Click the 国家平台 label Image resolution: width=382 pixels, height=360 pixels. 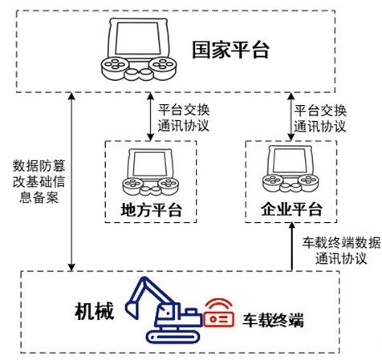pyautogui.click(x=231, y=50)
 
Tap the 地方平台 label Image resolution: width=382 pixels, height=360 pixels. pyautogui.click(x=152, y=210)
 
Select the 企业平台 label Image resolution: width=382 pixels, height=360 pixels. pyautogui.click(x=291, y=208)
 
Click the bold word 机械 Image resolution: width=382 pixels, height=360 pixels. pyautogui.click(x=95, y=311)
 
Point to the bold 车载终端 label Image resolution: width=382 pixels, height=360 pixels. pyautogui.click(x=274, y=320)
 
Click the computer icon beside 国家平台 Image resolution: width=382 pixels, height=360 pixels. pyautogui.click(x=139, y=50)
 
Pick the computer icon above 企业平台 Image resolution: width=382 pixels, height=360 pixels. pyautogui.click(x=291, y=169)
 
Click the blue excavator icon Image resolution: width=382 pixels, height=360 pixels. pyautogui.click(x=164, y=310)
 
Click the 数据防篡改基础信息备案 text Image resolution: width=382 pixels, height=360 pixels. pyautogui.click(x=39, y=182)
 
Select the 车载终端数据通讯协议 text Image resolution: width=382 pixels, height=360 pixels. pyautogui.click(x=341, y=250)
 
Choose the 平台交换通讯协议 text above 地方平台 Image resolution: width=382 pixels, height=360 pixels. pyautogui.click(x=184, y=118)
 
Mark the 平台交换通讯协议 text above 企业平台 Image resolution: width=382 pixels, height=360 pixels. pyautogui.click(x=320, y=119)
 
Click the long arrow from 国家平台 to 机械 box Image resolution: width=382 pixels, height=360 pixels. pyautogui.click(x=71, y=182)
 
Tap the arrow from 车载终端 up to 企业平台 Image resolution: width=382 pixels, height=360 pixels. pyautogui.click(x=292, y=247)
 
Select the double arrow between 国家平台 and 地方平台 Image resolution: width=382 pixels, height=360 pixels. pyautogui.click(x=151, y=116)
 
